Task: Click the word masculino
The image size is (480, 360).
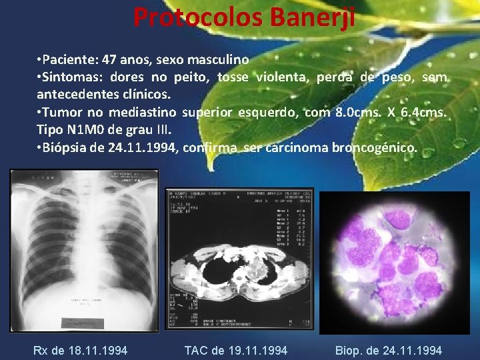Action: tap(215, 59)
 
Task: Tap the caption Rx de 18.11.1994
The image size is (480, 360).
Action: tap(80, 350)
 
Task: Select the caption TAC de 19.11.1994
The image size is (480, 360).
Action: tap(236, 350)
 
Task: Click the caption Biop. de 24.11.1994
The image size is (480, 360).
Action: tap(388, 350)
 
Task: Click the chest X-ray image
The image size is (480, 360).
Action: tap(83, 250)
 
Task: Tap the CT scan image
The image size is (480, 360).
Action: tap(239, 259)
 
